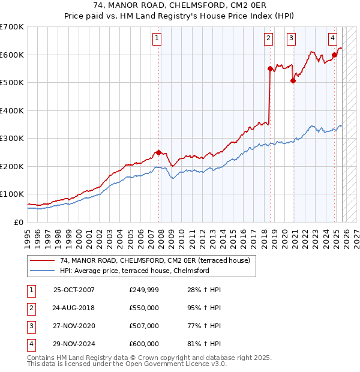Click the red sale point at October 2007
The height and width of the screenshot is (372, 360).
coord(158,152)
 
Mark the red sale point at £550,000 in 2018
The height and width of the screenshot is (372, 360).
coord(270,68)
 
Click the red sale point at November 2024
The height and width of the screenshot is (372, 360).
coord(334,55)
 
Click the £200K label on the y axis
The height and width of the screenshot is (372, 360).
coord(12,166)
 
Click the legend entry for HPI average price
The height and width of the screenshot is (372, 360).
coord(134,271)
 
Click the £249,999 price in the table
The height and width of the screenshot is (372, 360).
coord(143,290)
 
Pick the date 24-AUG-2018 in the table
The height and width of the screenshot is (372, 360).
coord(74,308)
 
